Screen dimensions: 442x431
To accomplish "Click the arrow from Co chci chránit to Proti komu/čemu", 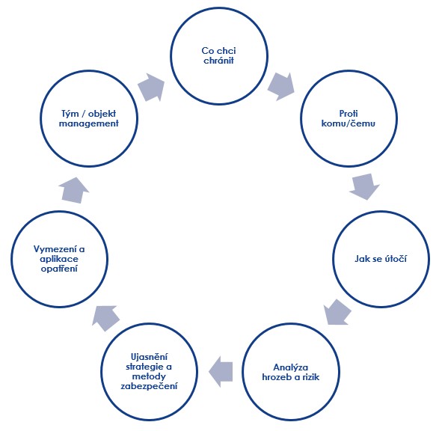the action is click(x=280, y=86).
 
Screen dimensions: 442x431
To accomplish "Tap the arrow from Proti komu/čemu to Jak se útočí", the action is click(x=364, y=186).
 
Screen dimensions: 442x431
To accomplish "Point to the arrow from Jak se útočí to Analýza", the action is click(x=337, y=312).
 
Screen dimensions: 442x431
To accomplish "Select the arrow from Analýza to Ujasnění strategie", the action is click(x=221, y=371).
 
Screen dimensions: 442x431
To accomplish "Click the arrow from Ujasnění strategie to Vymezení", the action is click(x=105, y=318).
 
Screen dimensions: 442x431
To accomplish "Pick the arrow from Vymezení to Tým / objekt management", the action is click(x=74, y=190).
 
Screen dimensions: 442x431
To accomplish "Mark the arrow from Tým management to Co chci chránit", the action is click(x=151, y=88).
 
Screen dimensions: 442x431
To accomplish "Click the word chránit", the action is click(x=218, y=61).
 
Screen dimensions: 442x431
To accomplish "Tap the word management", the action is click(x=89, y=123).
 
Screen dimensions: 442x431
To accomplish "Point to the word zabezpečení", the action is click(x=149, y=386).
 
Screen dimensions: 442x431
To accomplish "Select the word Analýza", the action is click(x=291, y=367).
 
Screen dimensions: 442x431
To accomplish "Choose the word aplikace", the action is click(x=59, y=259).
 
